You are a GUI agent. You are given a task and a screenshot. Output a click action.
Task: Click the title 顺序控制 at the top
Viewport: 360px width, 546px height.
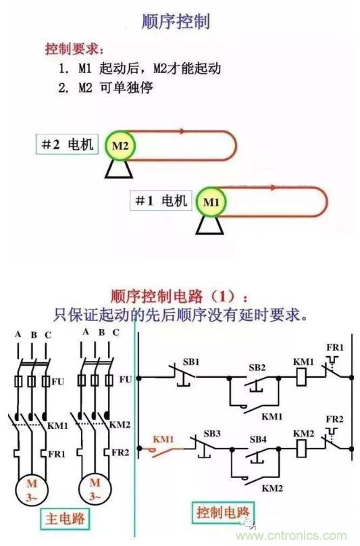(176, 22)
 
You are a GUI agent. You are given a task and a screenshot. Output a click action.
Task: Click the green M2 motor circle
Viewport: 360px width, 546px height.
(120, 145)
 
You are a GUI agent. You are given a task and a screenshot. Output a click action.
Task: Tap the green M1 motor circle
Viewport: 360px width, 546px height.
(211, 202)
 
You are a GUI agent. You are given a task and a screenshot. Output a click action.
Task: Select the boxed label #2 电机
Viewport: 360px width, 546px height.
(67, 144)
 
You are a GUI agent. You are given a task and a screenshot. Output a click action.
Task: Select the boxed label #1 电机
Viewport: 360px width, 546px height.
(161, 201)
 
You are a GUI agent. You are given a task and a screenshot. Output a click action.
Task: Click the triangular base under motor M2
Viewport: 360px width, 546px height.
(119, 169)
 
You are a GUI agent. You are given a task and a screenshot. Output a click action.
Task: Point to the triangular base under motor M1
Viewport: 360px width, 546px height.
(209, 225)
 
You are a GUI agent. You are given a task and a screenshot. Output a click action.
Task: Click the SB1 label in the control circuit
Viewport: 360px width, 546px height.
(191, 362)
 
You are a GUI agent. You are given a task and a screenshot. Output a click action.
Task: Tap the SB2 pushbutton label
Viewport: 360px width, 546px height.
(257, 368)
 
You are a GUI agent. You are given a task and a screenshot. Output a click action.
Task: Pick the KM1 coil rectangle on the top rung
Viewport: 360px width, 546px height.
(301, 377)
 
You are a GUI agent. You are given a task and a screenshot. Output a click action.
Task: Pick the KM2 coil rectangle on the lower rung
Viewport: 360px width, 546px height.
(301, 449)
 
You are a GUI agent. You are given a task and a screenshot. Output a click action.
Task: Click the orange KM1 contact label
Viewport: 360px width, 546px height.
(163, 439)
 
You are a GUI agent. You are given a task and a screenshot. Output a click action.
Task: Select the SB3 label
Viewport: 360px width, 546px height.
(212, 434)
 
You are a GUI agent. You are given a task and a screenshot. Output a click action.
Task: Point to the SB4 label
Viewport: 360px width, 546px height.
(258, 439)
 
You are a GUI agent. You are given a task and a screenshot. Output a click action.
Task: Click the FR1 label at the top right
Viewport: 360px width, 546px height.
(335, 347)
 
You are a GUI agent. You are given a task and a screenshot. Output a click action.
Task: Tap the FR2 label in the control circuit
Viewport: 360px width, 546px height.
(334, 419)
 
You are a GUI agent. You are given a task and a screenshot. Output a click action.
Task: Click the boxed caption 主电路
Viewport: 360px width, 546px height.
(65, 518)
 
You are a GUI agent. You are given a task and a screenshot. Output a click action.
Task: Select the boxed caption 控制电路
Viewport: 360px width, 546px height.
(223, 513)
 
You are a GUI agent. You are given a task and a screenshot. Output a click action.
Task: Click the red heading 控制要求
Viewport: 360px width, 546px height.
(74, 49)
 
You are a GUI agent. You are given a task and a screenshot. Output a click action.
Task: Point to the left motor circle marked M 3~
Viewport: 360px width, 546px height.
(31, 490)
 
